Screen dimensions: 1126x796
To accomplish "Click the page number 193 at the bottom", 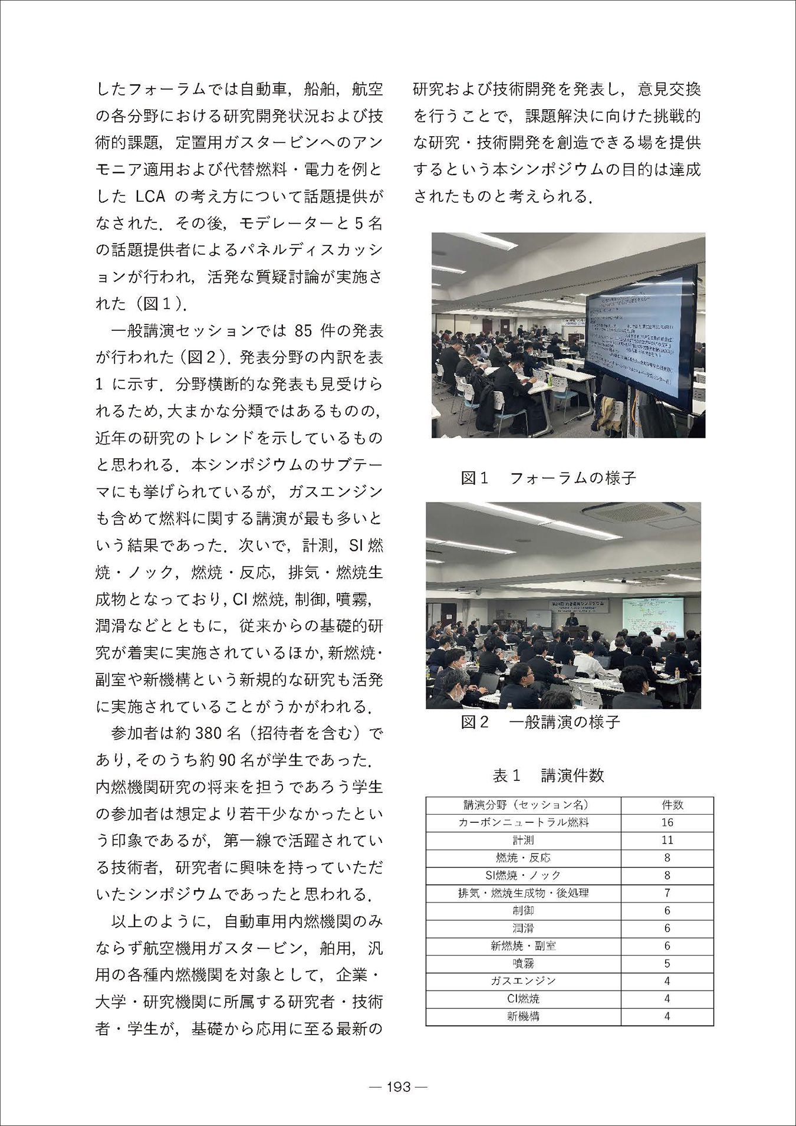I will point(399,1086).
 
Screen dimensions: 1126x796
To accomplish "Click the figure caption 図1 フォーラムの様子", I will point(548,478).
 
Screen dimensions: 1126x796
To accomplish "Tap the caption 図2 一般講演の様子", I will point(540,722).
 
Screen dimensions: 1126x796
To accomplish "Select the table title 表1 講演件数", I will point(548,775).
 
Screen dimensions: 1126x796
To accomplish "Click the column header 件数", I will point(667,805).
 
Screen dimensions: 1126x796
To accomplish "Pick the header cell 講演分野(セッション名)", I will point(523,805).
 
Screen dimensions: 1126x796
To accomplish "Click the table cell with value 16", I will point(667,822).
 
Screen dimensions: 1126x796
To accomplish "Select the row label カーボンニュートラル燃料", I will point(523,822).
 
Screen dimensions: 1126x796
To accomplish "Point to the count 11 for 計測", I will point(667,840).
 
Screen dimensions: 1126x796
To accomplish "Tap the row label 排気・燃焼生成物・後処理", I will point(523,893).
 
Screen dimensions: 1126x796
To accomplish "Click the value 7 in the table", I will point(667,893).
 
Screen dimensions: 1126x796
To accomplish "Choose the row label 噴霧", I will point(523,963).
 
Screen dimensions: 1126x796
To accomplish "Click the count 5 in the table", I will point(667,963).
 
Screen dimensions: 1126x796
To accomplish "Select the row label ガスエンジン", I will point(523,981).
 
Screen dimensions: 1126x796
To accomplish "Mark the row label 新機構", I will point(523,1016).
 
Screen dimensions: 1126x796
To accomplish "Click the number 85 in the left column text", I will point(302,331).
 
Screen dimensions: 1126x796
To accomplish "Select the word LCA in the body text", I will point(153,197).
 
